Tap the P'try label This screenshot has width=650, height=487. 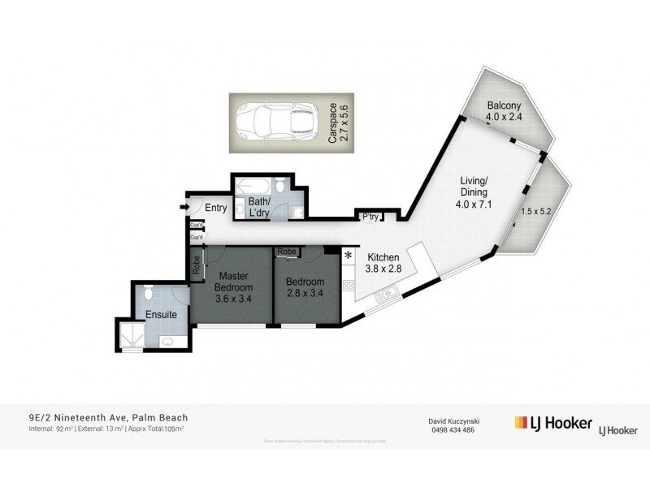point(370,215)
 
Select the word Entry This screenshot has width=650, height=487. point(215,209)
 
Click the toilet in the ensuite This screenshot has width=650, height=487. point(149,294)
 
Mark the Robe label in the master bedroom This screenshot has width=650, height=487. point(195,264)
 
